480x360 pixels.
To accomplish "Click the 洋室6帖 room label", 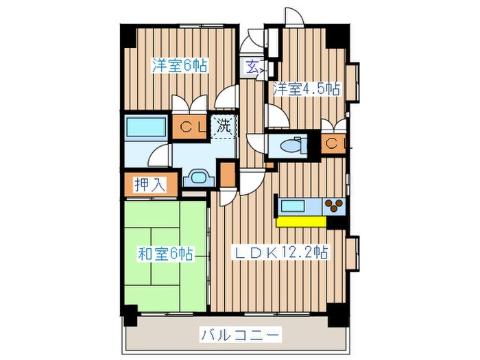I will tap(179, 67).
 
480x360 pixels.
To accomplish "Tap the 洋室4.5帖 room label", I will tap(306, 88).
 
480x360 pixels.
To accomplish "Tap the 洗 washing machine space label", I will tap(224, 125).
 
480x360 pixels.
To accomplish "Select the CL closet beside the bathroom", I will tap(189, 127).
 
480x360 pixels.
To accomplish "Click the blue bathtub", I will tap(146, 128).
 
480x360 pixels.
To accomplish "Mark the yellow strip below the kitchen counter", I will tap(301, 221).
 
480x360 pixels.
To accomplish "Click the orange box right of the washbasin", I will tap(227, 175).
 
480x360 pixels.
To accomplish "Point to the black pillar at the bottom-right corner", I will tap(336, 317).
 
